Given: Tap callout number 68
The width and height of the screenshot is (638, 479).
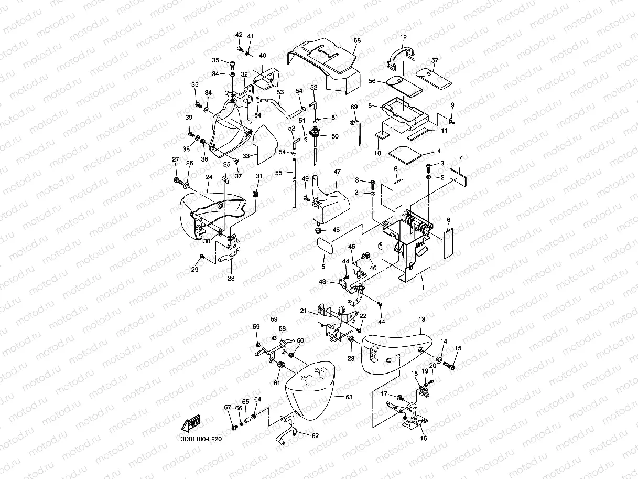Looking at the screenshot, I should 357,40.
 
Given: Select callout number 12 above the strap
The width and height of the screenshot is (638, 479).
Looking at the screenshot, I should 404,37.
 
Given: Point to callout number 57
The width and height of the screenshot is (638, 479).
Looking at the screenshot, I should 435,60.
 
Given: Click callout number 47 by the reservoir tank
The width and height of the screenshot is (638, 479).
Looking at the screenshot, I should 338,172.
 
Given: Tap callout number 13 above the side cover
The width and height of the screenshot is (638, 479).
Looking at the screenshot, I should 421,319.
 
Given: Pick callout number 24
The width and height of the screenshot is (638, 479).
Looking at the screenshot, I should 209,177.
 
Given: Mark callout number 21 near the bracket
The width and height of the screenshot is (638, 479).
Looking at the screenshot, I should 304,311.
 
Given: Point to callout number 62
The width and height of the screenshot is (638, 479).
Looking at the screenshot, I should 315,435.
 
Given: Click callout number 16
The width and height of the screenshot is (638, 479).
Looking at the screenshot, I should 424,439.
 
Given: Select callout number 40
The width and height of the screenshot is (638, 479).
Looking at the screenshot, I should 263,55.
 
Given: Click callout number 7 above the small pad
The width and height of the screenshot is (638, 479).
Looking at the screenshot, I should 460,158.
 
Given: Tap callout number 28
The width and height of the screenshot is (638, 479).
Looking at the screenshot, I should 231,278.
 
